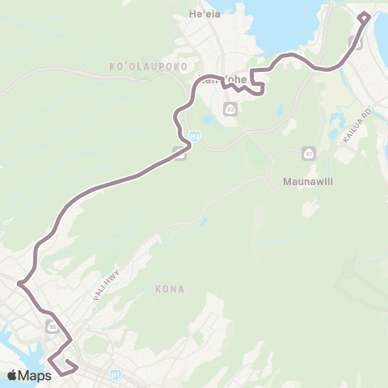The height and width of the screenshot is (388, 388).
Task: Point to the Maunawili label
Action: coord(304,182)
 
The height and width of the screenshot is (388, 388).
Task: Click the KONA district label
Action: coord(171,289)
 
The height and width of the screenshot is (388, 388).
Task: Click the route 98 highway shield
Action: coord(53,327)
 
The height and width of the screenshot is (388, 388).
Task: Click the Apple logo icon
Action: coord(13,374)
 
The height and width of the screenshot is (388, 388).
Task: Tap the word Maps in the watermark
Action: coord(36,374)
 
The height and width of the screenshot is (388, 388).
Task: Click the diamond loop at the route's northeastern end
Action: coord(363,18)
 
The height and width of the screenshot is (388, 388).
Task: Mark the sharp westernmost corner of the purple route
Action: coord(19,283)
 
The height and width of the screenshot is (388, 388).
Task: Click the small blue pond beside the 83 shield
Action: coord(209,120)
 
